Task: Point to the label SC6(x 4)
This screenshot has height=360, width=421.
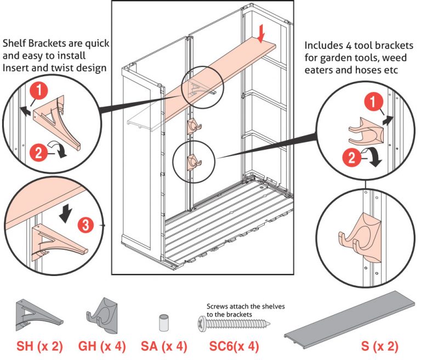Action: pos(234,347)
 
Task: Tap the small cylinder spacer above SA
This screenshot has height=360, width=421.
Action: pos(162,323)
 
